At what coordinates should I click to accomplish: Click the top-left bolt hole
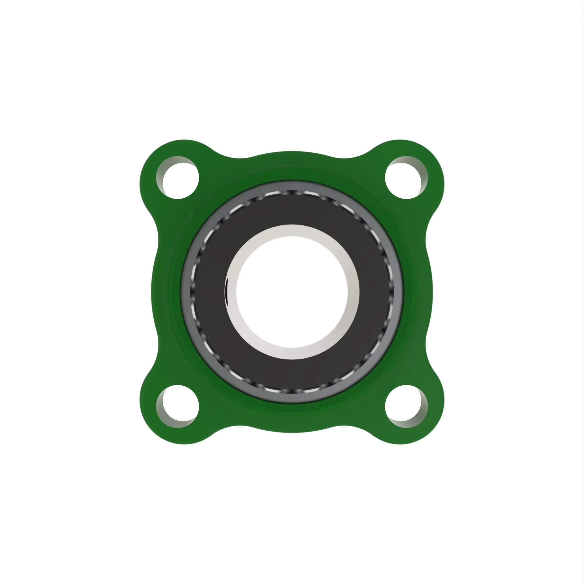point(178,178)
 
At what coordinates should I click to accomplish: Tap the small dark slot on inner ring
point(226,292)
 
